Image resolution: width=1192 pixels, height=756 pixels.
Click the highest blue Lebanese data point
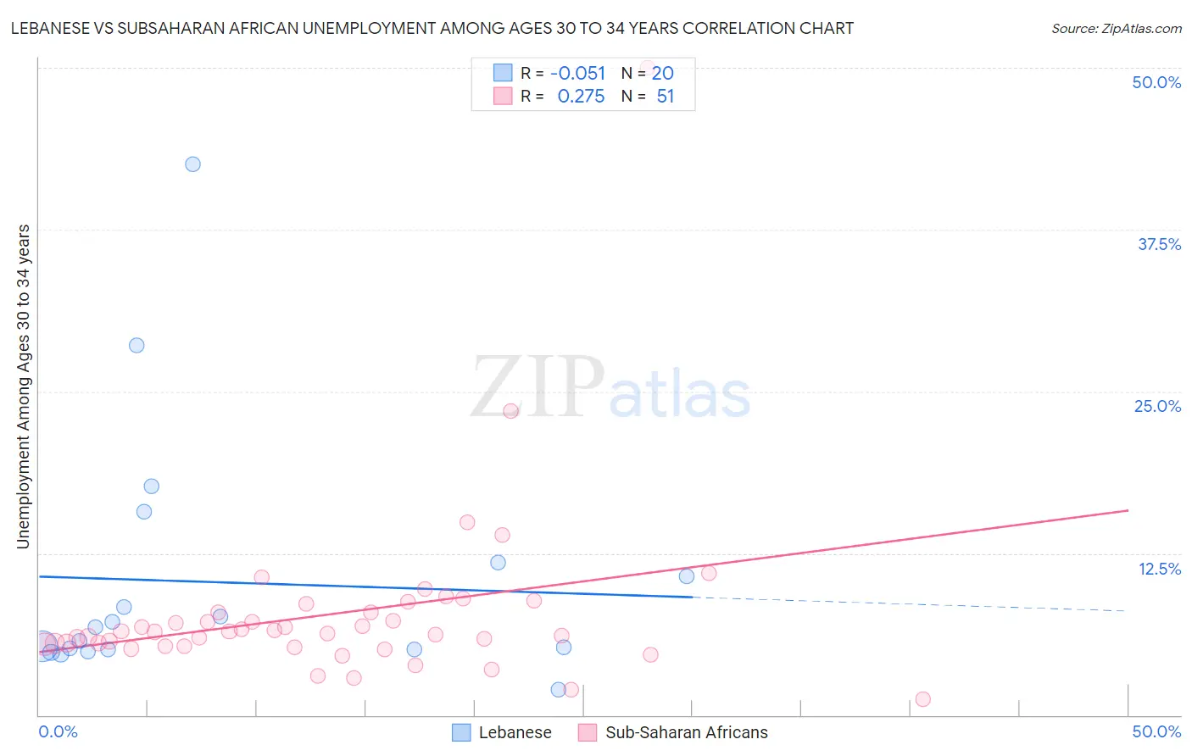[x=192, y=164]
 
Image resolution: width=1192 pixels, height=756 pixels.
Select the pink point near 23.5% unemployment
[x=510, y=411]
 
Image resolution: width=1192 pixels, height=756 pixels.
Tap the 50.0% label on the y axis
[x=1156, y=82]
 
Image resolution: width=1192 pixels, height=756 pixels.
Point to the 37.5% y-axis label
[x=1159, y=244]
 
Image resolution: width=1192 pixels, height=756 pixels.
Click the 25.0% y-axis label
[x=1157, y=406]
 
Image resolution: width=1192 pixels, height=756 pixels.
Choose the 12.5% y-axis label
[x=1159, y=569]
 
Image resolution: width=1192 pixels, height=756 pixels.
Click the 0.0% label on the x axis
[x=58, y=731]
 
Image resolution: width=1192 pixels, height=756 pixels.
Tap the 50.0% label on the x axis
[x=1156, y=731]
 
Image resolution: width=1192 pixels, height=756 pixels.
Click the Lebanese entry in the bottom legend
[x=515, y=732]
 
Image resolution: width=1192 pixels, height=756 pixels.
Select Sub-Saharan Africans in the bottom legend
[x=686, y=732]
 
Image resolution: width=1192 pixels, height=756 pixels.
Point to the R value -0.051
[x=577, y=74]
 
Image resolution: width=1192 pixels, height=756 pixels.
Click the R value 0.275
[x=581, y=97]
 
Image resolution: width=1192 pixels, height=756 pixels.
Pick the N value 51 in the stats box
[x=666, y=97]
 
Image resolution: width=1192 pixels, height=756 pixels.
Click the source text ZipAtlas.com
[x=1116, y=29]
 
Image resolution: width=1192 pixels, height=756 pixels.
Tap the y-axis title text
[x=24, y=386]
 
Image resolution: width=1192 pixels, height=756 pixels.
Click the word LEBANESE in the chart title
[x=50, y=28]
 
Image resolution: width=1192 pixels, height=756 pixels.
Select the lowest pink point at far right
[x=922, y=699]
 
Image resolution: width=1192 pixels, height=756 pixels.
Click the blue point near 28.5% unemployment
[x=136, y=346]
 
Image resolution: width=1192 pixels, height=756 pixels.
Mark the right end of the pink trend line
[x=1128, y=510]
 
